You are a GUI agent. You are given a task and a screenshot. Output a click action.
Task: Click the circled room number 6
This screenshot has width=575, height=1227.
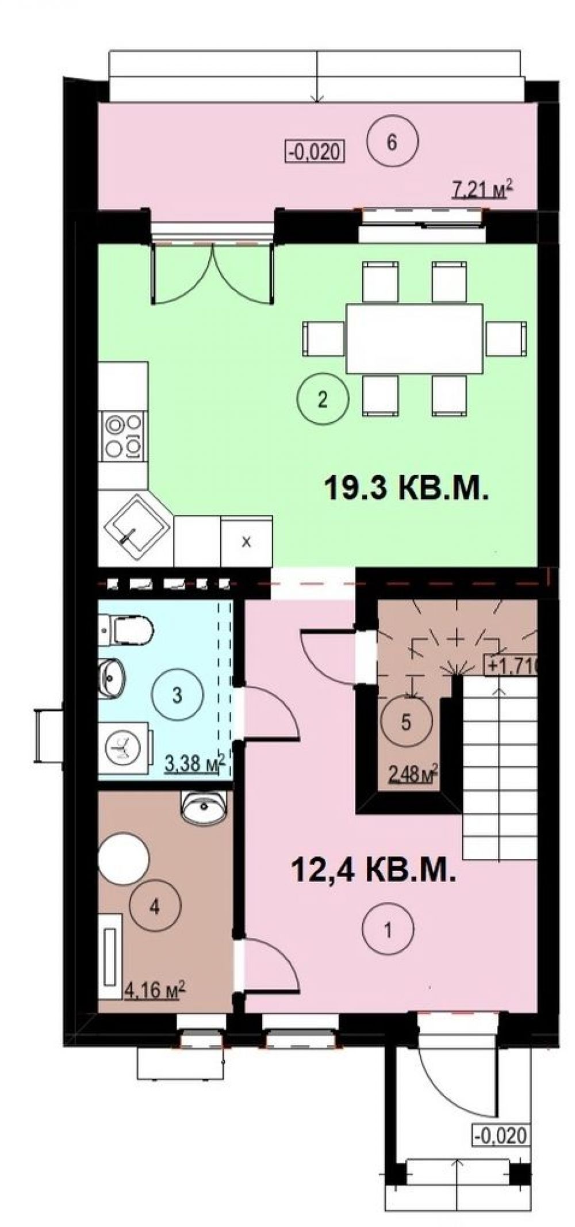click(392, 142)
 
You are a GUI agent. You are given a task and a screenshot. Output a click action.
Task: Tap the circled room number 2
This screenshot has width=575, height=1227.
click(323, 399)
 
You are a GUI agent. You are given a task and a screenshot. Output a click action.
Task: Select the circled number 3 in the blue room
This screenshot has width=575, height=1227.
click(177, 695)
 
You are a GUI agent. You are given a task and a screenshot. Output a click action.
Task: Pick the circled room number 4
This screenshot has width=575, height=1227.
click(155, 907)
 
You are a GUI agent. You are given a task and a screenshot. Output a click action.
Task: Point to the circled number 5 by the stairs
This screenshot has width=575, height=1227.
click(406, 722)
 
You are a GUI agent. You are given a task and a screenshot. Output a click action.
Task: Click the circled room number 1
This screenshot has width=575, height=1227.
click(388, 929)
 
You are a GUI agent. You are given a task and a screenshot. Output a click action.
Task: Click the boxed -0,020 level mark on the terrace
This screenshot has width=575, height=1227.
click(315, 151)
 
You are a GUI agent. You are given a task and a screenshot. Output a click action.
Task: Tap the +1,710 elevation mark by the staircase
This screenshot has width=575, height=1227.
click(512, 666)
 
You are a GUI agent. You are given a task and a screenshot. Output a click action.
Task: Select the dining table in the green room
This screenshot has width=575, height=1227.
click(414, 338)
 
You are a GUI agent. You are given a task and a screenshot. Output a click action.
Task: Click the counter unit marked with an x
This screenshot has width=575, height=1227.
click(247, 540)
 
